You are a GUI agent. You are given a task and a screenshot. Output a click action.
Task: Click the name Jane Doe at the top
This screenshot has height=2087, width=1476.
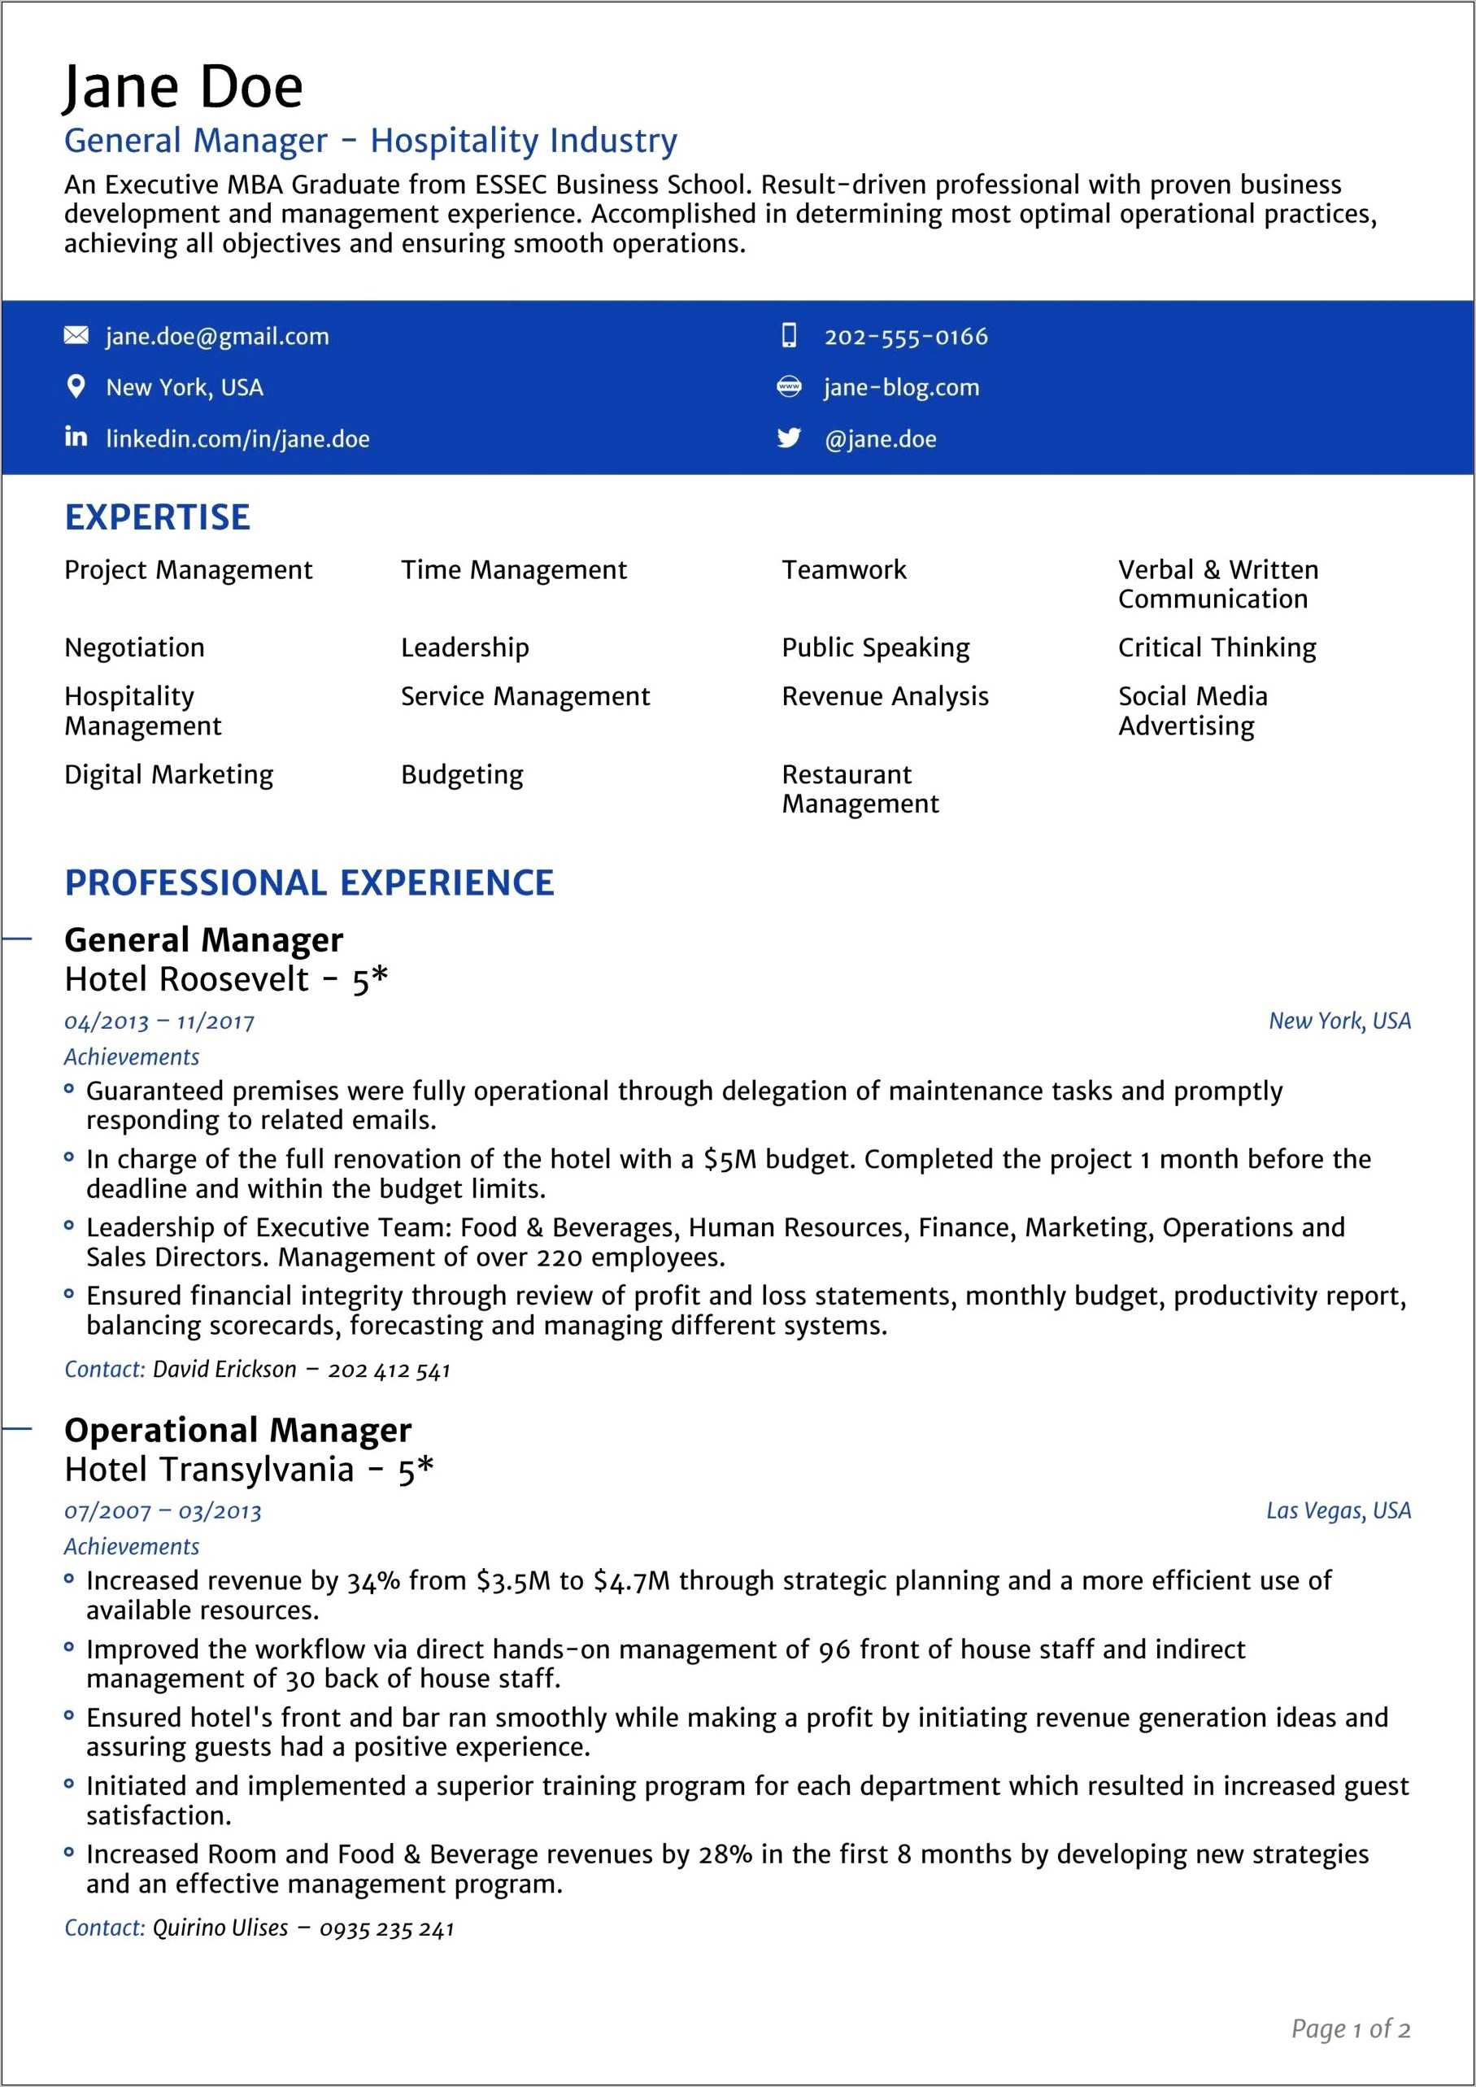coord(183,88)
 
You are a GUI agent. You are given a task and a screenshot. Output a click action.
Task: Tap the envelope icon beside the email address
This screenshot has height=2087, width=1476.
coord(76,337)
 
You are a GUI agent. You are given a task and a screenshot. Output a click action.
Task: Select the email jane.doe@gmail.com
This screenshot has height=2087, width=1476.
coord(217,338)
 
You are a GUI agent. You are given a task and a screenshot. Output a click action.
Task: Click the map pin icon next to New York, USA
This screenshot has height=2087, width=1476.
coord(76,387)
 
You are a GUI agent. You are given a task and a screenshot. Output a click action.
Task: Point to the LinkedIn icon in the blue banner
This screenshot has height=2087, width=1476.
coord(76,438)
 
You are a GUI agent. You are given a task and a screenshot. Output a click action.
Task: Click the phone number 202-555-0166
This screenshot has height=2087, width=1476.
coord(905,338)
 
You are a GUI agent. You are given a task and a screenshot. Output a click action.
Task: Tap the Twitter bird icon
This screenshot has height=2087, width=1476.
coord(789,438)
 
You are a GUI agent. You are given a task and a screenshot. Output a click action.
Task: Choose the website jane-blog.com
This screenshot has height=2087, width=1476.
coord(901,388)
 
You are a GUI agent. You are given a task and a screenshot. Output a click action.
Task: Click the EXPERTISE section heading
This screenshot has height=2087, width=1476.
coord(157,517)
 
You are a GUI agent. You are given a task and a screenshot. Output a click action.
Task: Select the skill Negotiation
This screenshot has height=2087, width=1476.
coord(134,648)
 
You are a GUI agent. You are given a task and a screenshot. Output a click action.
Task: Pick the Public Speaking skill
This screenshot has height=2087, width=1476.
coord(875,648)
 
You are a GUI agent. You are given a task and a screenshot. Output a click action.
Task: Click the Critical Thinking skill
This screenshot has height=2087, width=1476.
coord(1216,648)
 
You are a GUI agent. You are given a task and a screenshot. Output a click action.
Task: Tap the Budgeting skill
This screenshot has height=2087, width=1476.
coord(462,775)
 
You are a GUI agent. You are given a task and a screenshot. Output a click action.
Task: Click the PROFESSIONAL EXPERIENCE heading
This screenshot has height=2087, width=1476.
coord(309,882)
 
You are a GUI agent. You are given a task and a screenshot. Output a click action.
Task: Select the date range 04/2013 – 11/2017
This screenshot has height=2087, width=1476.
coord(159,1022)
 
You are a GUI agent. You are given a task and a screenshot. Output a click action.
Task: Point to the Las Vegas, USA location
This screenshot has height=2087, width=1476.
coord(1338,1510)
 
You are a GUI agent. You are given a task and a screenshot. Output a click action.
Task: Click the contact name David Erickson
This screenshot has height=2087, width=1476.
coord(224,1370)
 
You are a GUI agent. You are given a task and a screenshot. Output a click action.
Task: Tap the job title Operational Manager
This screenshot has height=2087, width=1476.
coord(237,1431)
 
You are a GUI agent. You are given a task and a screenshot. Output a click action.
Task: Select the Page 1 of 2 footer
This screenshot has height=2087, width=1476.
coord(1350,2028)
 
